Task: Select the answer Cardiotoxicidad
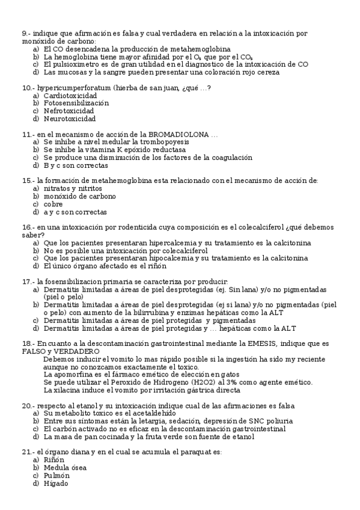[70, 96]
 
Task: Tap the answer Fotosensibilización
[76, 103]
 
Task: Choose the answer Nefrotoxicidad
[69, 111]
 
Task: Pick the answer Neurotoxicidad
[69, 119]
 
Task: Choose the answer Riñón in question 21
[53, 460]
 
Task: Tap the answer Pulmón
[56, 476]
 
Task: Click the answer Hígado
[56, 484]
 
